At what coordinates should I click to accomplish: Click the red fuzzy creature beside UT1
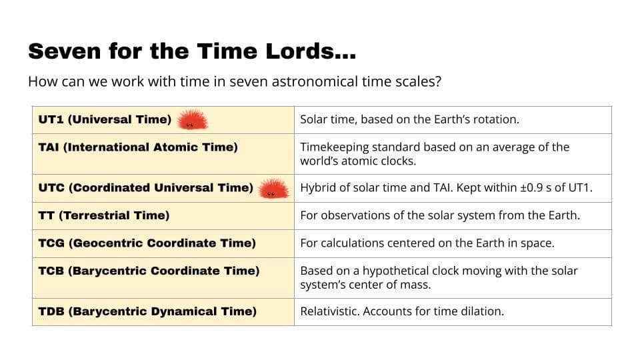pyautogui.click(x=192, y=121)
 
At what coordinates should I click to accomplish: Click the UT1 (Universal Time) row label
pyautogui.click(x=105, y=120)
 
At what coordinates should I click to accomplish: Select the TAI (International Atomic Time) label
pyautogui.click(x=138, y=147)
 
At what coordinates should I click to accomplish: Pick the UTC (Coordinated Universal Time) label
pyautogui.click(x=146, y=188)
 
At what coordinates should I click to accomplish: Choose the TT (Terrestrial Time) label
pyautogui.click(x=104, y=215)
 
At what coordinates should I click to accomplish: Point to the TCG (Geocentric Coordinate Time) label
pyautogui.click(x=147, y=243)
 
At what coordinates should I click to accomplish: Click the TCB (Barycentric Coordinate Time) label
pyautogui.click(x=149, y=271)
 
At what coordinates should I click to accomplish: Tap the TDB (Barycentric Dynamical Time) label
pyautogui.click(x=147, y=311)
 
